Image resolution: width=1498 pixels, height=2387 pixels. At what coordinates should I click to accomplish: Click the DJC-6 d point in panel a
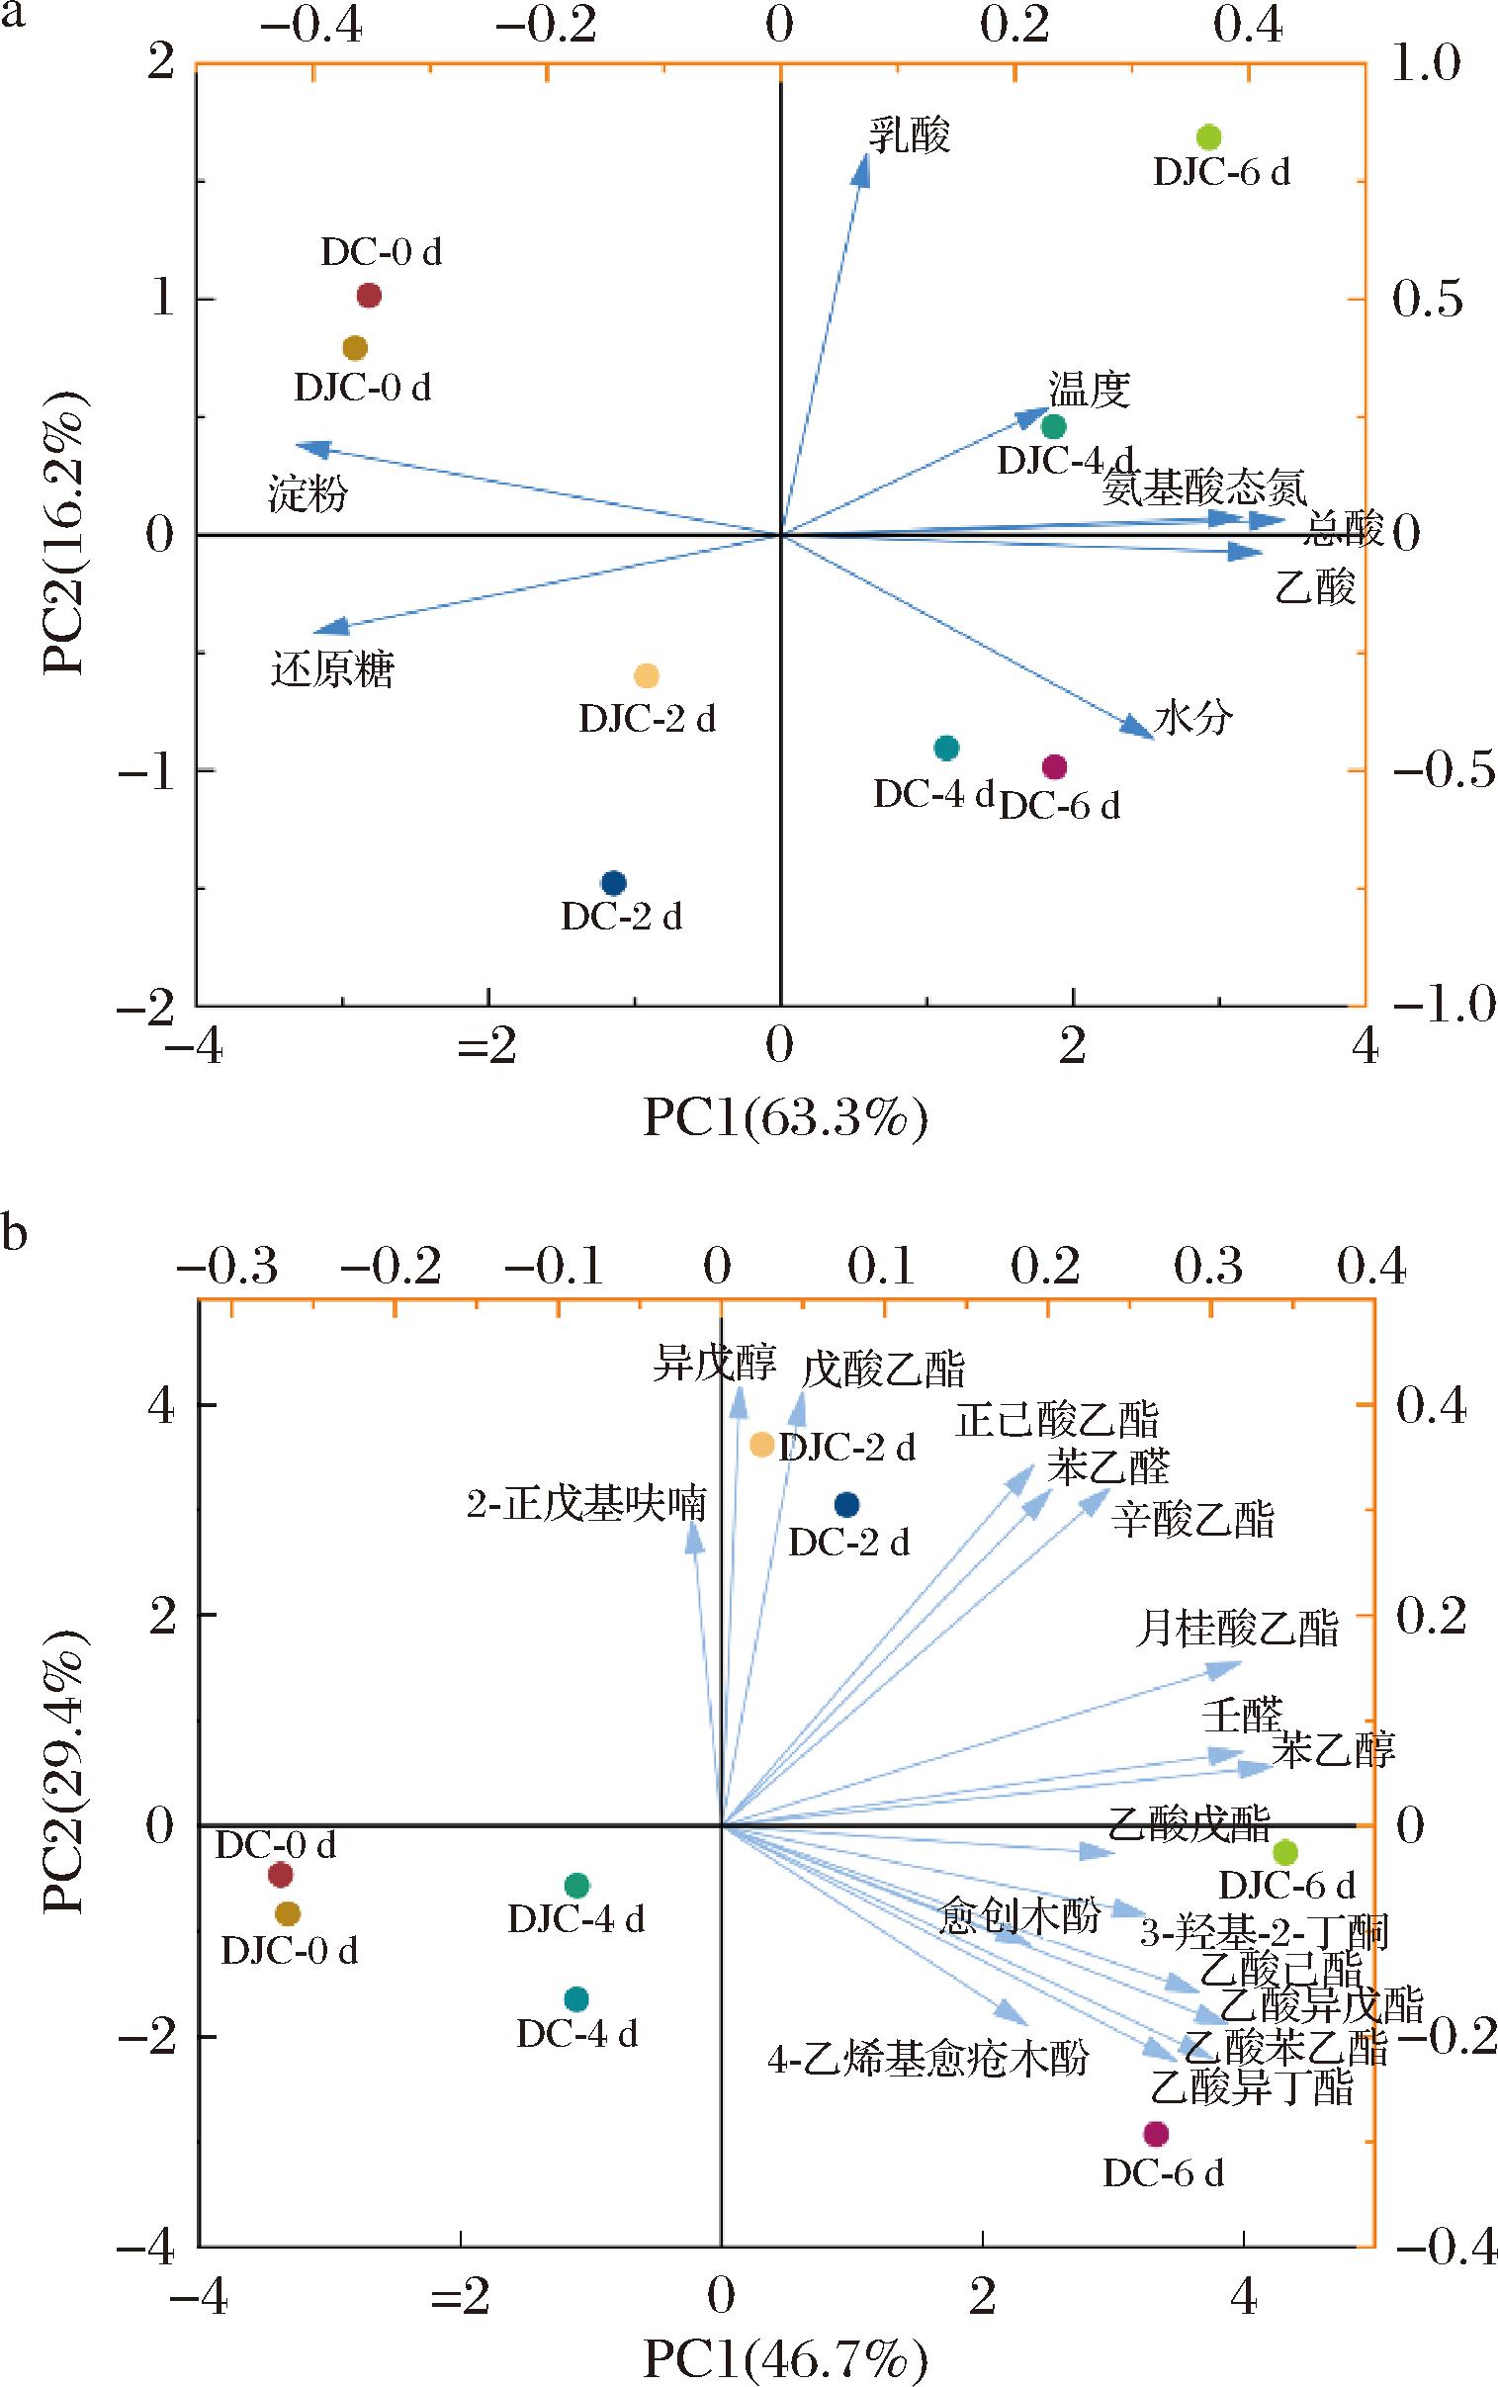point(1207,137)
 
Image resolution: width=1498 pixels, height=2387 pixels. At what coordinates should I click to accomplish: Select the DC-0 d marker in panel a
point(369,295)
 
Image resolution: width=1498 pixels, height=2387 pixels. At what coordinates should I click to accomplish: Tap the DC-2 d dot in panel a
point(614,882)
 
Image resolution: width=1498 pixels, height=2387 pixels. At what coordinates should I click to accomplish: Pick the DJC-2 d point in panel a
point(646,676)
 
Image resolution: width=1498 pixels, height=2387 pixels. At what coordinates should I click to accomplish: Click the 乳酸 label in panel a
point(909,135)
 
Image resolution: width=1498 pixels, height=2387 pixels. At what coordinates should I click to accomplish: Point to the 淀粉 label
point(308,493)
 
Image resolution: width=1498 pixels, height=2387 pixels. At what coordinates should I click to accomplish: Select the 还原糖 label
point(332,670)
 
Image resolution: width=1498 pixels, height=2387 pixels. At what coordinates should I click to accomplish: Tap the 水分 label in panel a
point(1192,717)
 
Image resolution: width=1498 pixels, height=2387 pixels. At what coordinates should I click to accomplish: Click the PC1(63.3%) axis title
point(785,1118)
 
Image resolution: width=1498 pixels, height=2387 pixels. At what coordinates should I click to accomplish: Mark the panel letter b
point(14,1235)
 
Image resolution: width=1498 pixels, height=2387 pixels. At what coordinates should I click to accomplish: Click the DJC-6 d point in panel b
point(1285,1852)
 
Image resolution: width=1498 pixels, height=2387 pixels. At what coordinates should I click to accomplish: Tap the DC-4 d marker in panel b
point(576,1998)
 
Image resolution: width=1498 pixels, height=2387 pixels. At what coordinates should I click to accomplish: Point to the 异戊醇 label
point(713,1364)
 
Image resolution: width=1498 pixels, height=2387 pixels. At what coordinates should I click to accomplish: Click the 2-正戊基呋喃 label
point(586,1505)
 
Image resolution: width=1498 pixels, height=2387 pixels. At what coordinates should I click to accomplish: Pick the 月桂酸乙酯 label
point(1236,1629)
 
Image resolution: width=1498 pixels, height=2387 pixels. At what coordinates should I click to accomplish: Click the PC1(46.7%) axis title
point(785,2359)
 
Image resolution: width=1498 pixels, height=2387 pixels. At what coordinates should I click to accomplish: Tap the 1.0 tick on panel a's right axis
point(1427,64)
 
